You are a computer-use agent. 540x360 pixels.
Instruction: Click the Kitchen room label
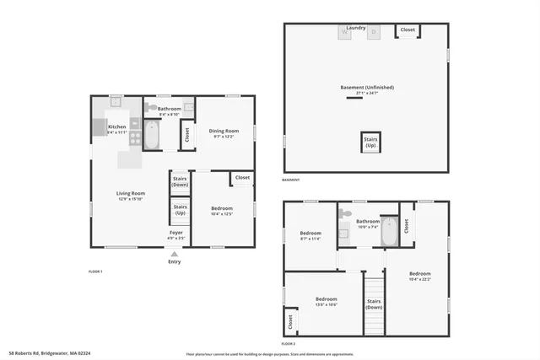tap(116, 127)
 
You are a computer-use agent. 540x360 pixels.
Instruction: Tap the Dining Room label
tap(224, 131)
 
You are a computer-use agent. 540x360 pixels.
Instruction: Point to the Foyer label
tap(176, 232)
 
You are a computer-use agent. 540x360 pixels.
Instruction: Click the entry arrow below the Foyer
tap(175, 253)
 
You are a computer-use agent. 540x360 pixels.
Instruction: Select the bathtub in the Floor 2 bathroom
tap(389, 232)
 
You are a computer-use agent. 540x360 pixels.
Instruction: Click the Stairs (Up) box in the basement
tap(370, 142)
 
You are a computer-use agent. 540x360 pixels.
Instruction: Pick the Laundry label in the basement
tap(356, 28)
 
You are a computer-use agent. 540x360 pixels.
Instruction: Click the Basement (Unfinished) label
tap(367, 88)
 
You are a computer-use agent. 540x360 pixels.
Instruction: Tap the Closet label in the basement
tap(408, 30)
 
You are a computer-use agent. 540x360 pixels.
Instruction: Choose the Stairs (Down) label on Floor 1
tap(180, 181)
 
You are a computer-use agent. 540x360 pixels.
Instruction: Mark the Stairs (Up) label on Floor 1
tap(180, 208)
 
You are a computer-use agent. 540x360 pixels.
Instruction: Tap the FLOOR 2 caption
tap(289, 344)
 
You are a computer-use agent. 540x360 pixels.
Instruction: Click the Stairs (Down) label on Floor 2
tap(374, 303)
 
